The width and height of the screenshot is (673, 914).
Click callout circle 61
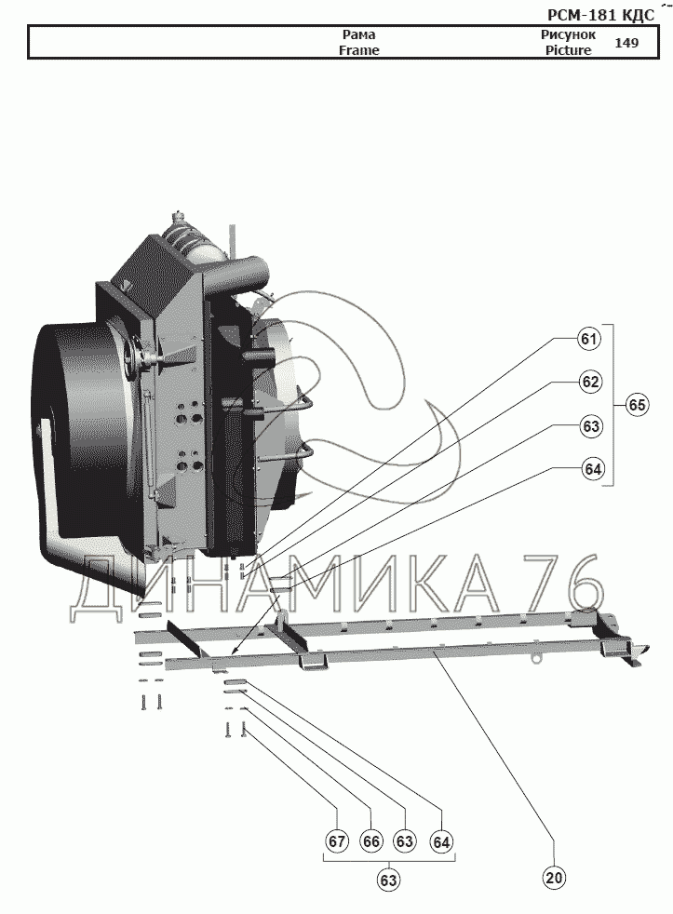tap(589, 339)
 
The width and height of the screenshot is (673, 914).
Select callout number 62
tap(590, 382)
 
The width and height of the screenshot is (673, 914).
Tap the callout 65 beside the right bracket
tap(637, 404)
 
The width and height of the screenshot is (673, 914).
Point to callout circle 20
tap(554, 878)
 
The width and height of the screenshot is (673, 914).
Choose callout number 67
tap(337, 841)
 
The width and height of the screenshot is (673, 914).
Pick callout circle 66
tap(370, 841)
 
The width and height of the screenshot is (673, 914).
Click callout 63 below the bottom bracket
tap(389, 880)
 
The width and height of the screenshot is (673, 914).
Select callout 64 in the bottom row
tap(441, 841)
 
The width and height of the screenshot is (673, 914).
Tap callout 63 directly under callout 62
tap(591, 426)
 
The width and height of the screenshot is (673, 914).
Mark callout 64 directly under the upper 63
tap(593, 469)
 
